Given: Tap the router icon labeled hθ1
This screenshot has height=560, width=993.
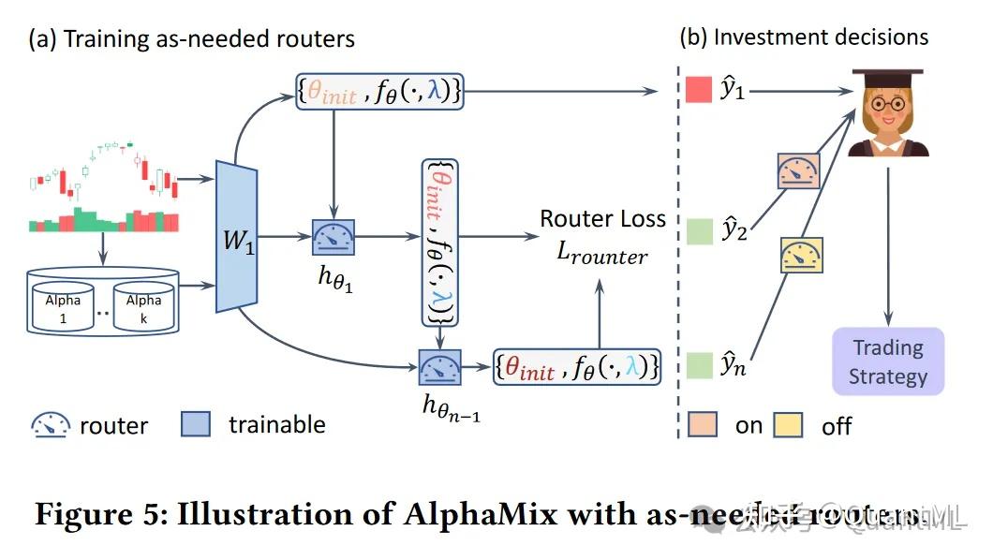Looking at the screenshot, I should pyautogui.click(x=333, y=237).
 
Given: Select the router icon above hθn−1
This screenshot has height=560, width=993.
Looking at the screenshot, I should pyautogui.click(x=438, y=367).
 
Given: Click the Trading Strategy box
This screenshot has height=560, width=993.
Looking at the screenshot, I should pyautogui.click(x=888, y=362).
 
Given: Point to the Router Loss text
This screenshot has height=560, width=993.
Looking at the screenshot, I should pyautogui.click(x=602, y=219).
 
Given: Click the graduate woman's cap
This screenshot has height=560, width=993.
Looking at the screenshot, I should pyautogui.click(x=886, y=81).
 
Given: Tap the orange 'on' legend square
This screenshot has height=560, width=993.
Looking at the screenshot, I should pyautogui.click(x=702, y=424).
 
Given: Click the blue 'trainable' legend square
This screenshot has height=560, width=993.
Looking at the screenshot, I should pyautogui.click(x=196, y=424).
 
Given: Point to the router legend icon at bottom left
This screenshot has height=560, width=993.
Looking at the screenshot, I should pyautogui.click(x=50, y=425).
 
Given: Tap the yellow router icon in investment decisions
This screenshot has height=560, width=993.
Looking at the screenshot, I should pyautogui.click(x=802, y=255).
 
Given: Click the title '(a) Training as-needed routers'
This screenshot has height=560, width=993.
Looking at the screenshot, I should pyautogui.click(x=192, y=39).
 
